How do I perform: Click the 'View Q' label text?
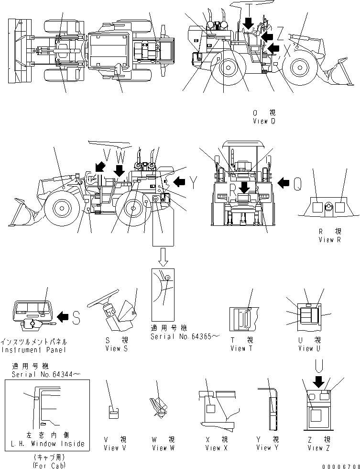264,121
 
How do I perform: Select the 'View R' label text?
329,240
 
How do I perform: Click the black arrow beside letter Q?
284,182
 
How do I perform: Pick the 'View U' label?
305,348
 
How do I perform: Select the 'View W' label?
160,447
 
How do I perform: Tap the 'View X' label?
213,447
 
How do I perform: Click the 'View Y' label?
267,447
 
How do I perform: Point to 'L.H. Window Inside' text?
47,444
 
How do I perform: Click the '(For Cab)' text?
46,464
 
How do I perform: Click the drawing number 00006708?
339,465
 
